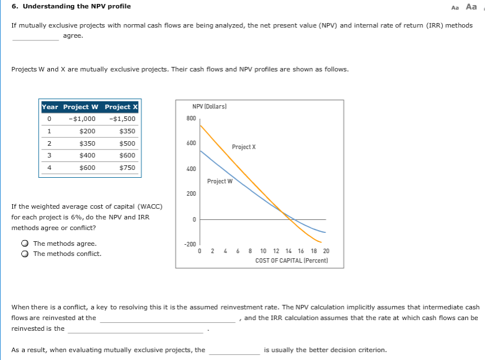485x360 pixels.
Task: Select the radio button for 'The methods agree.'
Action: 26,244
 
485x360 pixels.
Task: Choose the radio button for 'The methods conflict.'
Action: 26,254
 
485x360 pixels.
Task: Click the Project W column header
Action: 80,107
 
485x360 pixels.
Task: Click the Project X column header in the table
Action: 121,107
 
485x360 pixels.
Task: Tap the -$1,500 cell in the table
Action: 124,119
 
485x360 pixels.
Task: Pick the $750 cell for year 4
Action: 127,168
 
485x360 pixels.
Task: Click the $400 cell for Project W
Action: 88,155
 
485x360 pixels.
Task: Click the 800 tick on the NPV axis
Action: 191,119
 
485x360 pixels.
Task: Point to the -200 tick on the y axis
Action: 190,245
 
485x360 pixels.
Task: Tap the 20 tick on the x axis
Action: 326,251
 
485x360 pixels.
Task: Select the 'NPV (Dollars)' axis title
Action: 208,106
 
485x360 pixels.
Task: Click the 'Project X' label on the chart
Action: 243,147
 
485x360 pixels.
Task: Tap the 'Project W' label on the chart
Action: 219,181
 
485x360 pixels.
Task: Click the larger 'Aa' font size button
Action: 472,7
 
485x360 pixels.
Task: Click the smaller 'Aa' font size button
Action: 455,7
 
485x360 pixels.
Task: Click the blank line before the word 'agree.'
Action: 35,37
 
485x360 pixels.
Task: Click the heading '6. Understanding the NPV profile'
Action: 71,6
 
